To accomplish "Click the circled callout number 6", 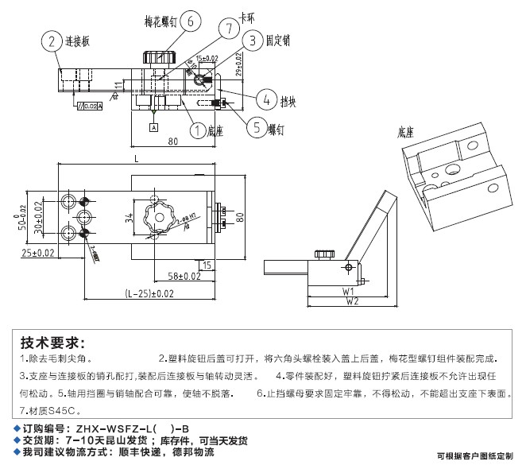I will [x=191, y=22].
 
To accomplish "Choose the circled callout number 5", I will [x=255, y=126].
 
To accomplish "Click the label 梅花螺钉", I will [x=159, y=21].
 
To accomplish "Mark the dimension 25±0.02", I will [x=38, y=253].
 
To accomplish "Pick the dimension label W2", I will [x=351, y=301].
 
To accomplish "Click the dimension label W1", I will [x=347, y=291].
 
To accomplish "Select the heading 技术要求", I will [x=52, y=343].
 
